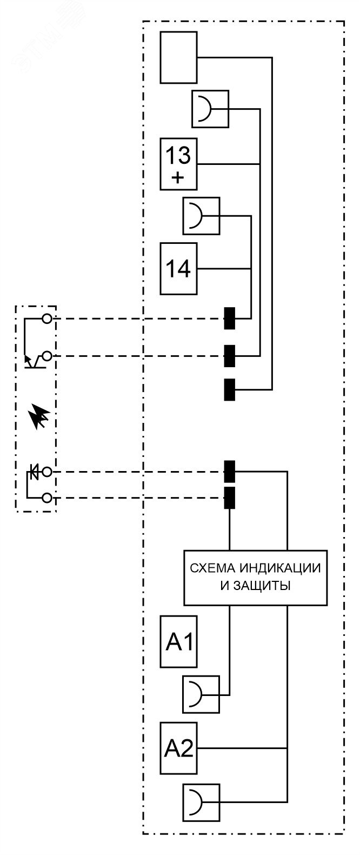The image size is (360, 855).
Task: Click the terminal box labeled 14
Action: [178, 269]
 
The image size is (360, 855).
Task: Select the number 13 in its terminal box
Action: [178, 156]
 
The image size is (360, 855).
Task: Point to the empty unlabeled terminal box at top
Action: [178, 57]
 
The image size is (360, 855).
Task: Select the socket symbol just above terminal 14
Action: [202, 217]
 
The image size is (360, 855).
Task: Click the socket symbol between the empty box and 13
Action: [210, 110]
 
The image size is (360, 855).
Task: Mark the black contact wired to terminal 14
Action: [230, 319]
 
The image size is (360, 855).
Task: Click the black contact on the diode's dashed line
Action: [230, 472]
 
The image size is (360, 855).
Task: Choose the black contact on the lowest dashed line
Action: [230, 498]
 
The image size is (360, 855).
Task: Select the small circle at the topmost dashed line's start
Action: [47, 319]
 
